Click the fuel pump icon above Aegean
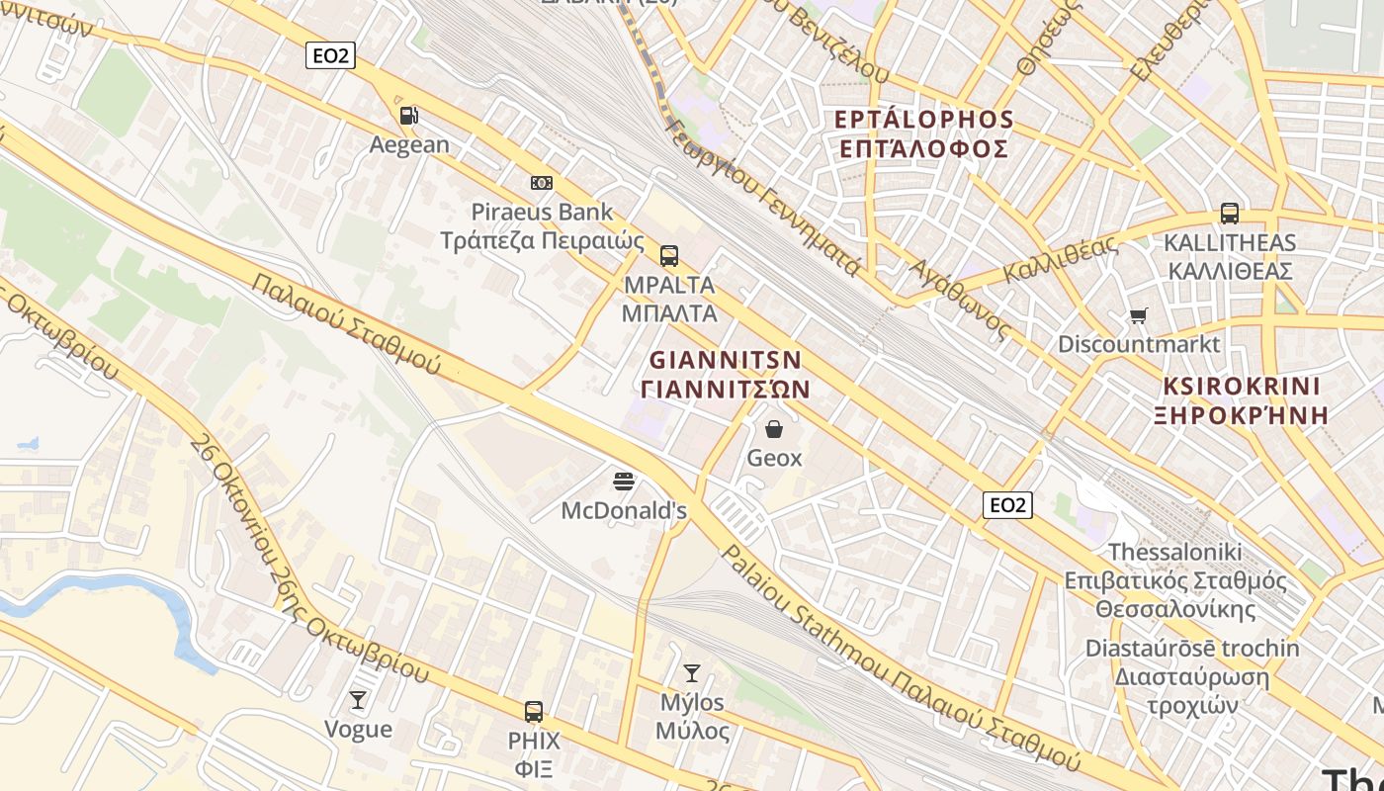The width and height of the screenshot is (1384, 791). coord(408,116)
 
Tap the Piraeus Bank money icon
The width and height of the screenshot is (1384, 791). coord(541,183)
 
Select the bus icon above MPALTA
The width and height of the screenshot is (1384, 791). coord(669,256)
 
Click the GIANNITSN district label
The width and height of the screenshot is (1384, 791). coord(726,359)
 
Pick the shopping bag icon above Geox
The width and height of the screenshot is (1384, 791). coord(774,429)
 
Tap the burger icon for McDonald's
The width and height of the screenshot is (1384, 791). coord(624,482)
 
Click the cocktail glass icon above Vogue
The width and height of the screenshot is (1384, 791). coord(358,700)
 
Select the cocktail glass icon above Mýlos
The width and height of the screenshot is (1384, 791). coord(692,673)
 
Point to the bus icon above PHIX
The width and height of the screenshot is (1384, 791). coord(534,711)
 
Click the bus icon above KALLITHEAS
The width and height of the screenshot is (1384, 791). coord(1230,214)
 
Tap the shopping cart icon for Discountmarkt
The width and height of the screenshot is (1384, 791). coord(1139,316)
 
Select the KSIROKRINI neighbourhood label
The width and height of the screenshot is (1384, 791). coord(1242,386)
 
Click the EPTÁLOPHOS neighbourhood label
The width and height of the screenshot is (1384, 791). coord(924,120)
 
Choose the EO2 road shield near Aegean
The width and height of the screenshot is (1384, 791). coord(330,55)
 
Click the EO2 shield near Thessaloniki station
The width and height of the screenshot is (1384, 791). coord(1007,505)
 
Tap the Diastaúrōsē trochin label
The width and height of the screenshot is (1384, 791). coord(1192,649)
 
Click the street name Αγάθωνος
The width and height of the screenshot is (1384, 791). coord(959,300)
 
